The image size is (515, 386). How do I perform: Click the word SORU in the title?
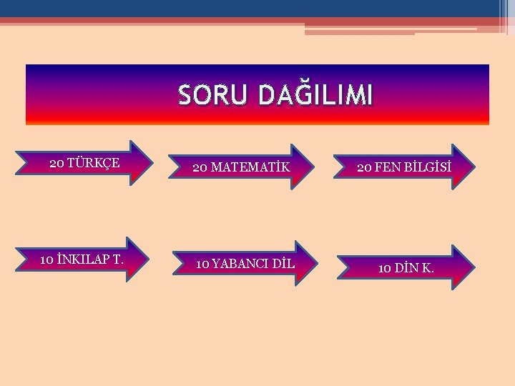point(210,95)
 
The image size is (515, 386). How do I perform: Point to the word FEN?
point(386,168)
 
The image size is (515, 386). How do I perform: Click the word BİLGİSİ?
point(426,168)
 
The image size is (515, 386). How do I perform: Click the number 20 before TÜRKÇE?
point(57,163)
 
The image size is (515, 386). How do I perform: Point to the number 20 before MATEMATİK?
point(200,168)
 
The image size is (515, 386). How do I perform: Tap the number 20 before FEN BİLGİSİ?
point(364,168)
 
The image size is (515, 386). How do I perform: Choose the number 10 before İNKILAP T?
point(47,259)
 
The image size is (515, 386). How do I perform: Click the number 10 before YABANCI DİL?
point(202,264)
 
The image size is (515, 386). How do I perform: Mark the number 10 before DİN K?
point(384,268)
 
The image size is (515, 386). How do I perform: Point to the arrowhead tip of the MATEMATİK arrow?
point(313,167)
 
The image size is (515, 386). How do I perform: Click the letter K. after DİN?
point(428,268)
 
